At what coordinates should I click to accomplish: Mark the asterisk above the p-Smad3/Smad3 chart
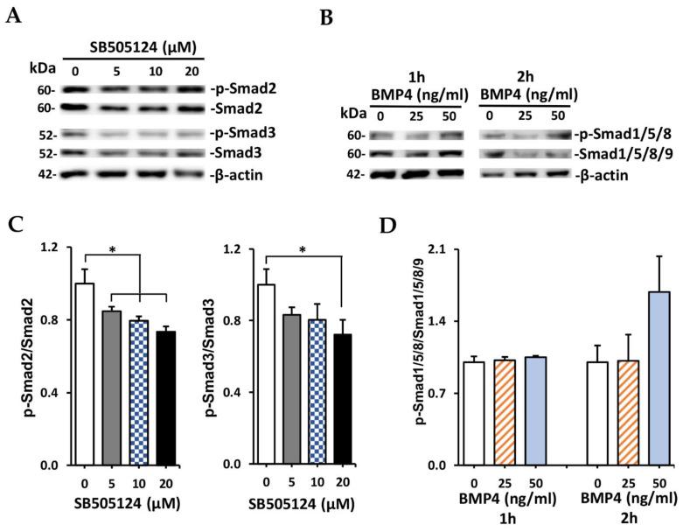pyautogui.click(x=303, y=250)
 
